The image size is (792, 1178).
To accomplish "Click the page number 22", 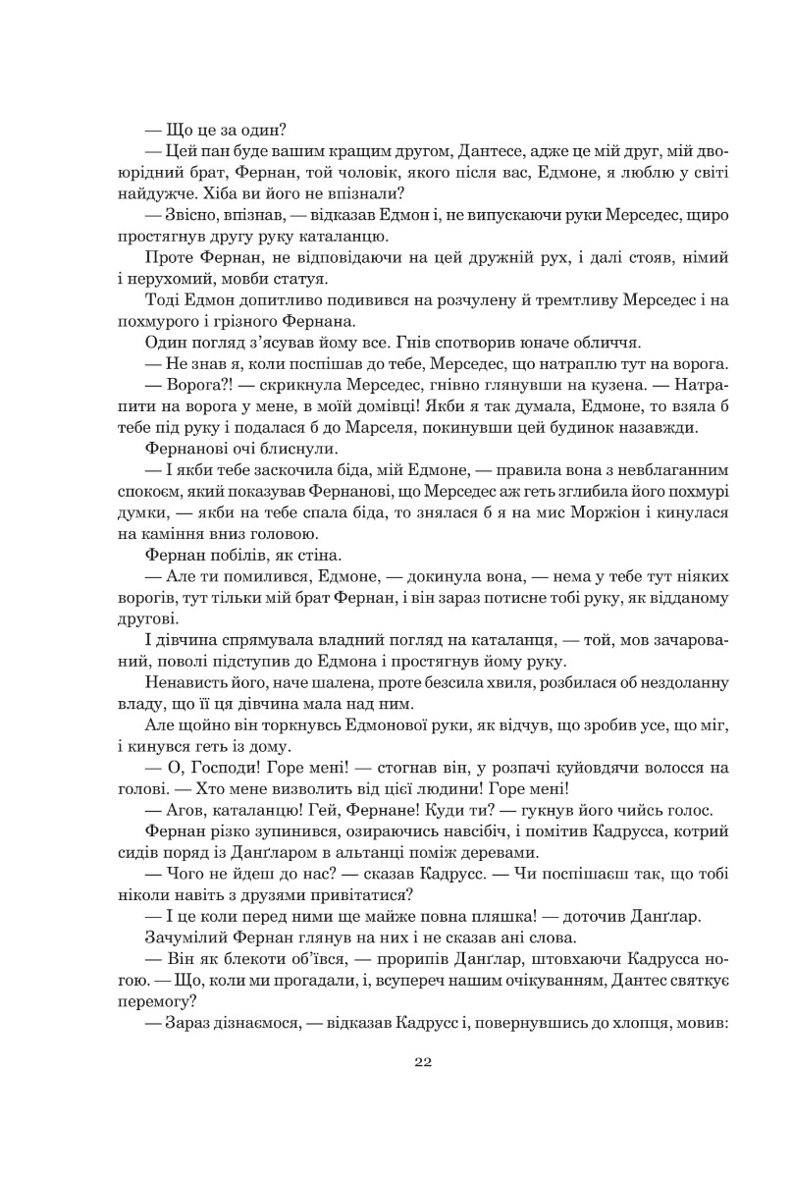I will (x=423, y=1061).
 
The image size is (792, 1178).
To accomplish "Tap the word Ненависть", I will (x=188, y=681).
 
